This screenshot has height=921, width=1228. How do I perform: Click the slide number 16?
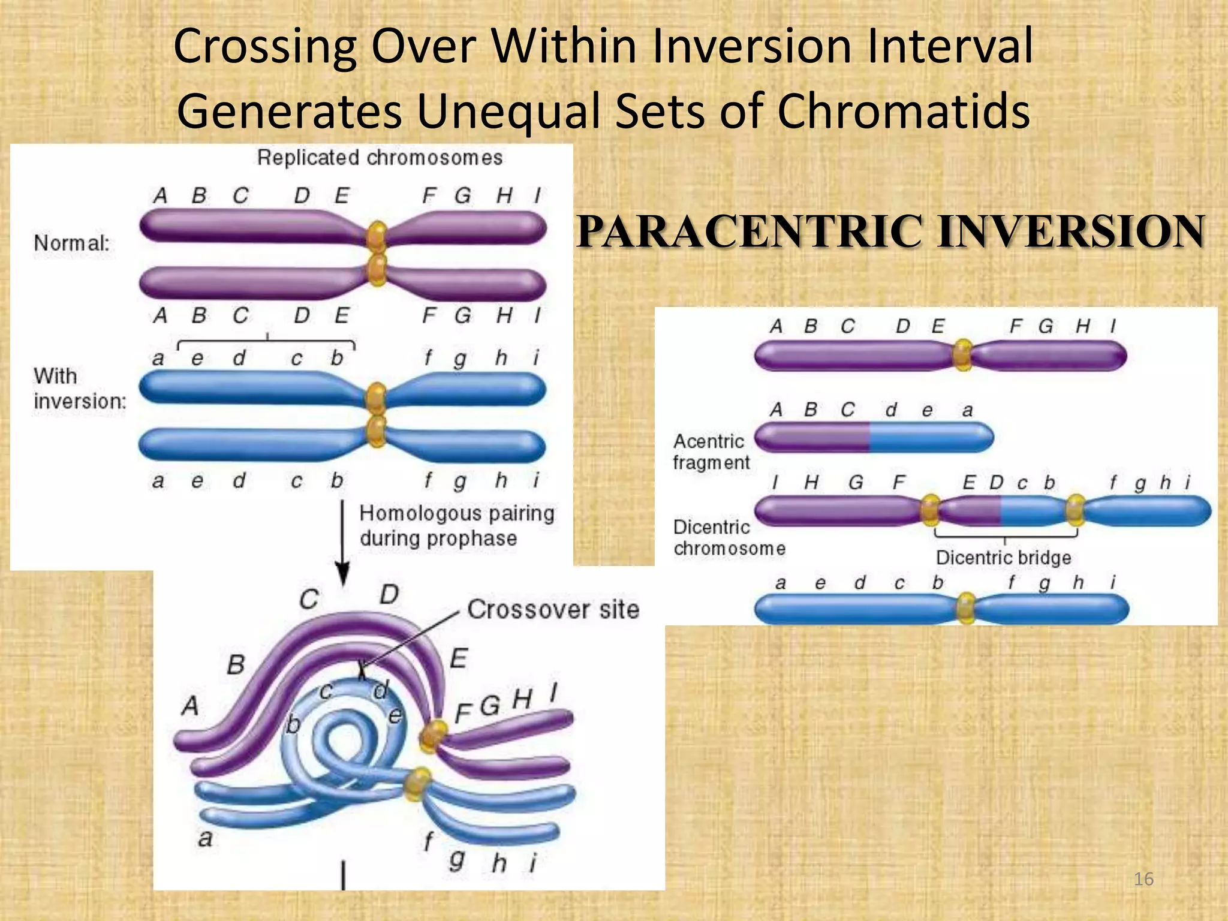1143,879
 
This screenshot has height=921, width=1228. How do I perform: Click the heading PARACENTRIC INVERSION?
890,232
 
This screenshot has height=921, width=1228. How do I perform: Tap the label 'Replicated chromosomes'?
380,158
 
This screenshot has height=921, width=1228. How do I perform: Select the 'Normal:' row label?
72,243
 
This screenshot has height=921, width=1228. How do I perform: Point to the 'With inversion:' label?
79,389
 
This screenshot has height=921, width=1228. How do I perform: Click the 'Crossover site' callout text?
553,609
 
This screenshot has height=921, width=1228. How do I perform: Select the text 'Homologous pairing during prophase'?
456,526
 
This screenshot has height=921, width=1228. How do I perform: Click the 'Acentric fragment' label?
711,452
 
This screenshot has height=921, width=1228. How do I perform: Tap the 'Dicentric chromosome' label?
729,537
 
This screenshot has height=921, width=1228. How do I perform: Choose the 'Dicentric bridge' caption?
1003,558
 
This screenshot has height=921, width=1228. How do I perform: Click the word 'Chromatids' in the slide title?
903,111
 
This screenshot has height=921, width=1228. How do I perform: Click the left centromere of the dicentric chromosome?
929,510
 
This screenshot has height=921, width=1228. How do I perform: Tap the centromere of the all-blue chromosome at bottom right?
965,608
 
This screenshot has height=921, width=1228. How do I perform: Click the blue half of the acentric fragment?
929,437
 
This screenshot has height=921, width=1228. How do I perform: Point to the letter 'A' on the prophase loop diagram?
190,706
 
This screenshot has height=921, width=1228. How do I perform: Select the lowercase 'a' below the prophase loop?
205,838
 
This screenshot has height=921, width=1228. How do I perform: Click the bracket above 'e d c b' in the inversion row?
267,342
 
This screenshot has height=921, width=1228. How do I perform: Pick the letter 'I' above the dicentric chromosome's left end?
775,482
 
